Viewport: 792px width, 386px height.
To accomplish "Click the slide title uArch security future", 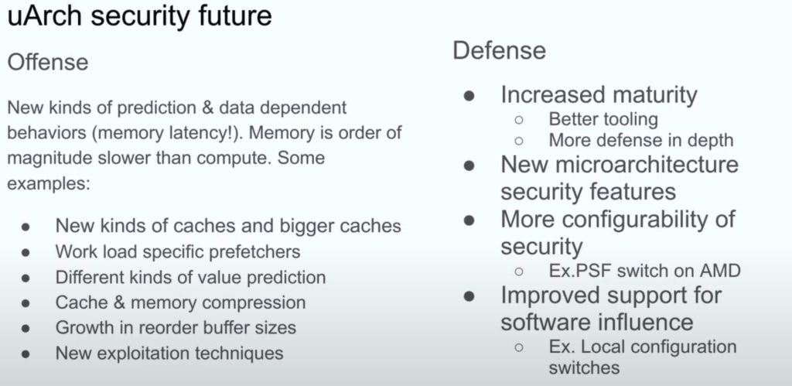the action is coord(139,15).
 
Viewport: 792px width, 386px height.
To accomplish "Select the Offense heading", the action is coord(48,62).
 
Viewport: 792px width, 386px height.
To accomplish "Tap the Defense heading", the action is coord(499,50).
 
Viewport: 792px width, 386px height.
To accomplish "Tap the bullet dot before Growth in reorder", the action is coord(26,328).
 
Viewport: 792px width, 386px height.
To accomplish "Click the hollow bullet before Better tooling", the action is coord(519,120).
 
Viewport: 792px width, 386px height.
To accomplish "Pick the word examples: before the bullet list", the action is coord(49,183).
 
